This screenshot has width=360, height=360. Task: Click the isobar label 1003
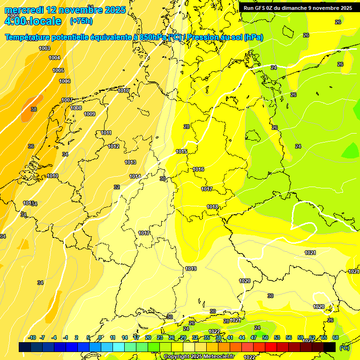[45, 48]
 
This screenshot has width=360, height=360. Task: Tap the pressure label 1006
[65, 81]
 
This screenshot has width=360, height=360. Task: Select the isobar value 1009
[90, 114]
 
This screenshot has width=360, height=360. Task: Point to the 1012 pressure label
[113, 146]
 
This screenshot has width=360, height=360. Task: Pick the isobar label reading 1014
[135, 176]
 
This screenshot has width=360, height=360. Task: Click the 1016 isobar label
[198, 169]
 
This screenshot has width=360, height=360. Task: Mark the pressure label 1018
[212, 207]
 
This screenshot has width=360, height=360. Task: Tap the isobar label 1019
[191, 269]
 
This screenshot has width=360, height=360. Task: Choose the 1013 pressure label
[130, 162]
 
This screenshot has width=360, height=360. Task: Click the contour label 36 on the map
[31, 146]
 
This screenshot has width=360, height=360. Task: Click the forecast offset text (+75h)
[81, 21]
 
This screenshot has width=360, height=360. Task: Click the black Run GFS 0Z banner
[298, 7]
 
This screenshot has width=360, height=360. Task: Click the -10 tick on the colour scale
[32, 337]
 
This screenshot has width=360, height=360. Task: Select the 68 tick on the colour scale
[336, 337]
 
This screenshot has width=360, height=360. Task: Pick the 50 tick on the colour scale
[265, 337]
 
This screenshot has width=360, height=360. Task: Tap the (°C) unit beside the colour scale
[345, 347]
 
